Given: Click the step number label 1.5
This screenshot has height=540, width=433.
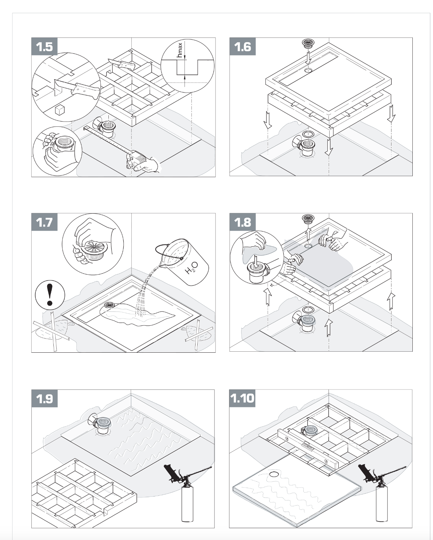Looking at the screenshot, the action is (45, 47).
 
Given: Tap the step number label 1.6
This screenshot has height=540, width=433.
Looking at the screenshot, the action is (243, 47).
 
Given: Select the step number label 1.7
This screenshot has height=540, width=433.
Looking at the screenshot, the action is (45, 222).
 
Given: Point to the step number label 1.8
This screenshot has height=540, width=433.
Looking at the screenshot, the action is (243, 222).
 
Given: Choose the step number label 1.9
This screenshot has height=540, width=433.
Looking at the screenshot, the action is (45, 399).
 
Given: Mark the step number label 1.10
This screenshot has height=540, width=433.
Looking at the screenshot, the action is (243, 398).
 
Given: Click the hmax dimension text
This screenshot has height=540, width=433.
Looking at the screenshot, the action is (180, 50).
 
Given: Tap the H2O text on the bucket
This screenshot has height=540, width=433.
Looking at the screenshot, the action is (192, 268).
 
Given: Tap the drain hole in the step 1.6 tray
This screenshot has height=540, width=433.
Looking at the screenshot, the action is (308, 70).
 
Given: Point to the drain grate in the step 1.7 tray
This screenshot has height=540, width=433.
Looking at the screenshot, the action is (109, 305).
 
